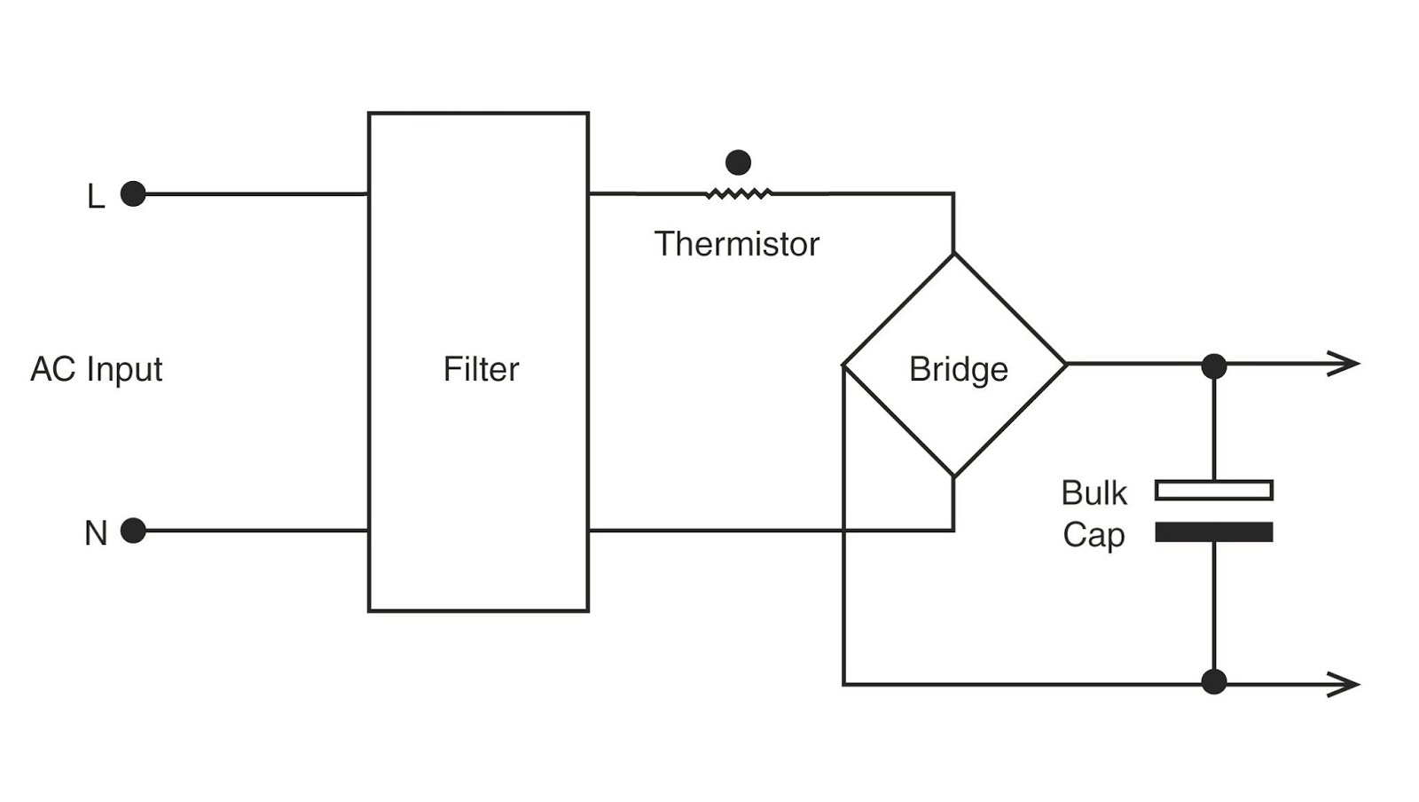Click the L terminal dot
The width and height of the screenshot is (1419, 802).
pos(133,193)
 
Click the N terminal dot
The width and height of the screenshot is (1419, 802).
pos(133,531)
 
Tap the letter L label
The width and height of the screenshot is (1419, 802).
pos(96,197)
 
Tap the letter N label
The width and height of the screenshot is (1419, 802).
pos(96,534)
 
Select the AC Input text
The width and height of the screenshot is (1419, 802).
pos(97,369)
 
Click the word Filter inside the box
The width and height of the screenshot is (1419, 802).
pos(481,369)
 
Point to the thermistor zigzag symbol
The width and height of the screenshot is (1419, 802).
pos(739,193)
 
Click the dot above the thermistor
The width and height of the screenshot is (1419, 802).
pos(738,162)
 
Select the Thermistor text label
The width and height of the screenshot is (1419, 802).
pos(736,244)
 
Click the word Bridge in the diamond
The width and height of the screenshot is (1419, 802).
pos(958,369)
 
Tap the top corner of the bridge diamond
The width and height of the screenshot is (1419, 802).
pos(954,255)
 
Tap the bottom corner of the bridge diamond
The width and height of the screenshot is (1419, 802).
pos(954,476)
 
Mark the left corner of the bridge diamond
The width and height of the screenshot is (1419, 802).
pos(843,365)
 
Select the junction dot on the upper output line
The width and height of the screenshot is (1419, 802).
pos(1214,366)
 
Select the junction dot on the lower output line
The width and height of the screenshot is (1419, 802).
pos(1214,682)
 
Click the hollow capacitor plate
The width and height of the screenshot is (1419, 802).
pos(1214,490)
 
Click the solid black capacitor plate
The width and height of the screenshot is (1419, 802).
pos(1214,531)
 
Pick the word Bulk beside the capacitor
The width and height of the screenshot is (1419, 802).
pos(1094,493)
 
